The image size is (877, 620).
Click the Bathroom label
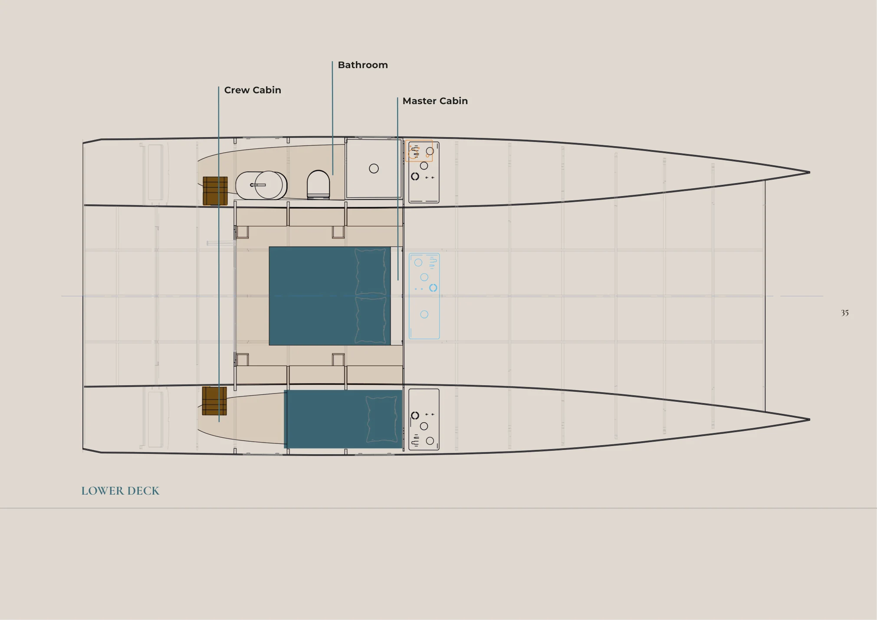click(363, 65)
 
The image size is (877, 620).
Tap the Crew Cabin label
click(253, 90)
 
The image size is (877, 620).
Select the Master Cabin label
click(435, 101)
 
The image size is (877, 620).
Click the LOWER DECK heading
click(120, 491)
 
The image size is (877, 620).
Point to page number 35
click(844, 313)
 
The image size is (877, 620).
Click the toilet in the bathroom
click(319, 185)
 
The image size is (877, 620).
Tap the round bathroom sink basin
click(269, 185)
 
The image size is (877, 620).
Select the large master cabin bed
click(330, 296)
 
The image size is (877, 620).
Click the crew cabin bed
click(343, 419)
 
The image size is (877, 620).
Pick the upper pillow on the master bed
click(371, 272)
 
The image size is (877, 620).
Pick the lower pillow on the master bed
click(371, 320)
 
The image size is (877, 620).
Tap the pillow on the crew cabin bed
click(382, 419)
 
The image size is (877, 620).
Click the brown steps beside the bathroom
click(215, 191)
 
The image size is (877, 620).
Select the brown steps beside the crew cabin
click(214, 401)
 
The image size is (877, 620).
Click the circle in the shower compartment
click(374, 168)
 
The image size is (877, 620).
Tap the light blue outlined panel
click(424, 296)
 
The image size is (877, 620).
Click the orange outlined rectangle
click(419, 151)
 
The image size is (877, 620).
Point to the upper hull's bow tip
click(810, 172)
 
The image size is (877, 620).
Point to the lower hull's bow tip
click(810, 420)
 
